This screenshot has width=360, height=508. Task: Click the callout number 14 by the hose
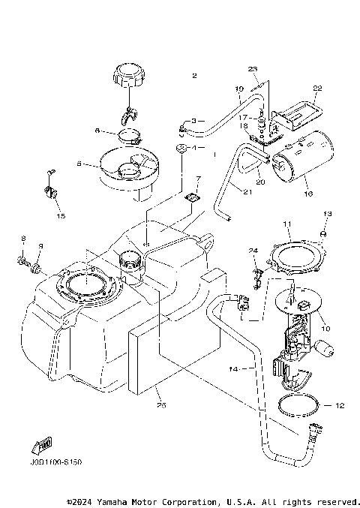coord(232,368)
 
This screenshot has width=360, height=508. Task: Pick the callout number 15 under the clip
coord(60,216)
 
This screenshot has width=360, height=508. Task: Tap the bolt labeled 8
coord(23,262)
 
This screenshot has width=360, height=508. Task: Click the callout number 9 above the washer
coord(41,245)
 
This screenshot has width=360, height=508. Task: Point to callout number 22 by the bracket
coord(316,88)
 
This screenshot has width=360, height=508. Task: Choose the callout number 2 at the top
coord(193,76)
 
